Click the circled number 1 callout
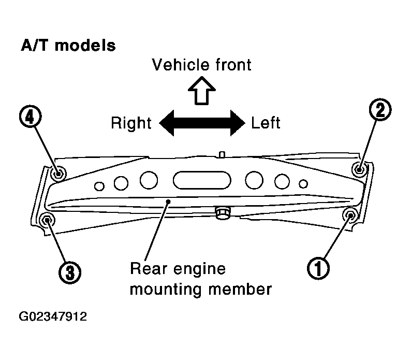(318, 268)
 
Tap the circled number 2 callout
(380, 110)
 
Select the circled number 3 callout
(70, 272)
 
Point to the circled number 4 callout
(31, 117)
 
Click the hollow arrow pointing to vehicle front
(202, 91)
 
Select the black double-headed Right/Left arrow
(202, 123)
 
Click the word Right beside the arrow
(131, 123)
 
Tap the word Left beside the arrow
(266, 123)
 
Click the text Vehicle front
(201, 65)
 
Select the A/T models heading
(68, 45)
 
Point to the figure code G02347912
(53, 316)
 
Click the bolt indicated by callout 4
(58, 174)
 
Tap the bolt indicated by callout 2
(359, 169)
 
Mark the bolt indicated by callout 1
(350, 215)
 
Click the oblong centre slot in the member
(202, 180)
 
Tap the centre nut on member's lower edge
(223, 212)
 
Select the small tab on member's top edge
(222, 154)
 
